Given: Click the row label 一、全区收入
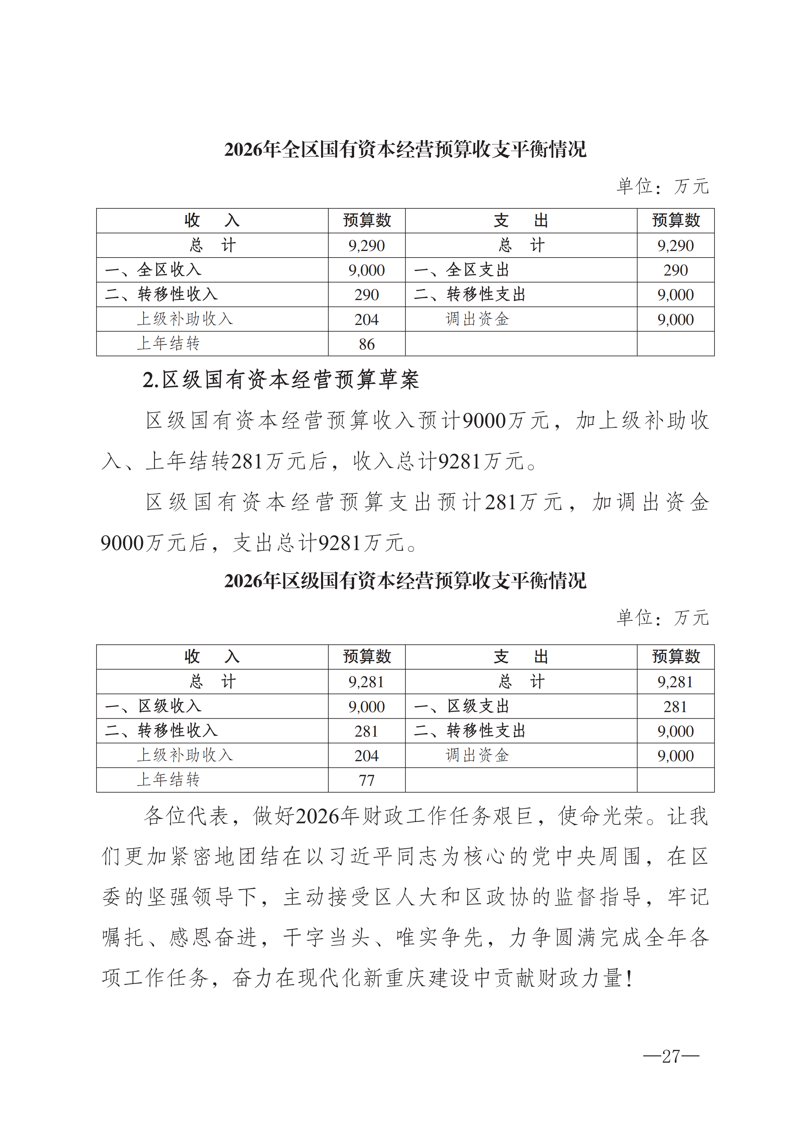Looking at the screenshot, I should pos(153,270).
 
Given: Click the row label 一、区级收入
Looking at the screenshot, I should pos(153,706).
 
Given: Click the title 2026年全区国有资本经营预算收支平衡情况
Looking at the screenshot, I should pos(405,149).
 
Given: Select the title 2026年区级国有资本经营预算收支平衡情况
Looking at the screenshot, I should pos(405,581).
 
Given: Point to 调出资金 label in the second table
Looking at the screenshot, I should pos(477,755).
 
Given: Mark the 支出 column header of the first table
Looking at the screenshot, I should pos(521,221).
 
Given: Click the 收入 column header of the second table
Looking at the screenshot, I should pos(212,656).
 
